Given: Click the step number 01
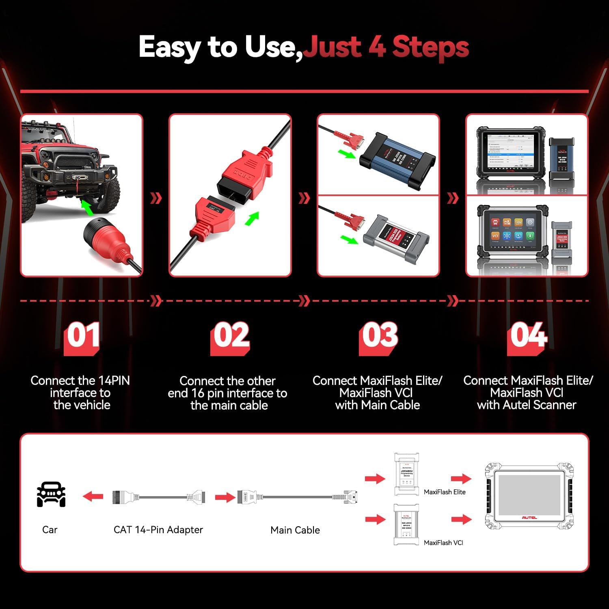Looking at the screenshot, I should (82, 336).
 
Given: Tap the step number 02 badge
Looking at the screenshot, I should (231, 336).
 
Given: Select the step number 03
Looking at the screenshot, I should (379, 336).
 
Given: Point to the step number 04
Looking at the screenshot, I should (528, 336).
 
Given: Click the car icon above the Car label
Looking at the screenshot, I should (51, 494).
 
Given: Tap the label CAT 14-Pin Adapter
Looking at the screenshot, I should (158, 530).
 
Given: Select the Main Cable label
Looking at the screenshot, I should (295, 530).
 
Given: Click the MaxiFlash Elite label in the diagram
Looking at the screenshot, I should (445, 492).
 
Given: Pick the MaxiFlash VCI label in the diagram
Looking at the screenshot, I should (443, 543).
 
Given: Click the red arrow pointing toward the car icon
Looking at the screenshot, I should (93, 496).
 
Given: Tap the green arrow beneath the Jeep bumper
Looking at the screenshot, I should (86, 207).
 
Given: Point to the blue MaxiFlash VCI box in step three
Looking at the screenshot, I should (398, 161).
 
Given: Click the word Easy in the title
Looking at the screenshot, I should (169, 48).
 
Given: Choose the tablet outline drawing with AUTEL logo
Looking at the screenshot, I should (529, 496).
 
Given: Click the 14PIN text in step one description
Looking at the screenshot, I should (114, 381).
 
